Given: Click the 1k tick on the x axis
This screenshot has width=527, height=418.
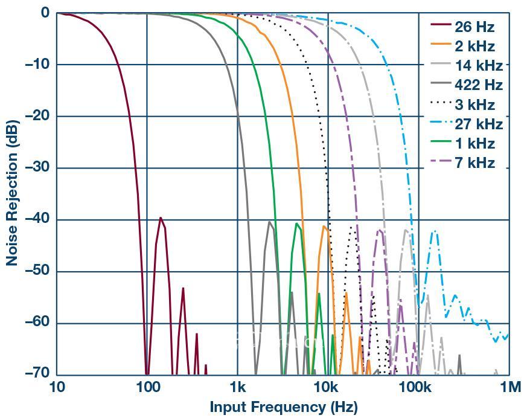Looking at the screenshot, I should click(x=237, y=387).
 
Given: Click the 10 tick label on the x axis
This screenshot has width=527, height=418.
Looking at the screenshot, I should click(x=57, y=387).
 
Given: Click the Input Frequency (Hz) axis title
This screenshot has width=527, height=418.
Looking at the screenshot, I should click(x=283, y=407).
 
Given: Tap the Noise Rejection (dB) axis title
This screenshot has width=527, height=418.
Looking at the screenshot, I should click(x=12, y=193).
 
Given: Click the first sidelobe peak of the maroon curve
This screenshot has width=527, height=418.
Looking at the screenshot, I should click(x=160, y=217).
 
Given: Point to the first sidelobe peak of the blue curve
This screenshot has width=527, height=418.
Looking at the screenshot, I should click(x=433, y=231).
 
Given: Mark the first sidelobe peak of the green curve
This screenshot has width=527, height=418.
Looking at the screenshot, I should click(x=296, y=223).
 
